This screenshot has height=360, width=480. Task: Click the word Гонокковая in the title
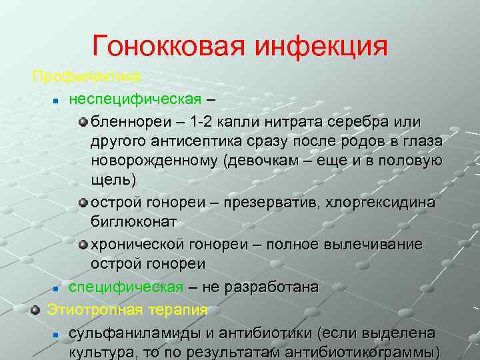[169, 46]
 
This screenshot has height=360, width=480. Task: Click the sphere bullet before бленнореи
[83, 122]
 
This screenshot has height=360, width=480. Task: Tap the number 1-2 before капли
[205, 122]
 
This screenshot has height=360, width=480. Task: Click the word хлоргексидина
[379, 202]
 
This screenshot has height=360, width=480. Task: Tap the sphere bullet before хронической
[83, 245]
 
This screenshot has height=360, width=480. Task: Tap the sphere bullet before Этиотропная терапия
[36, 310]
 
